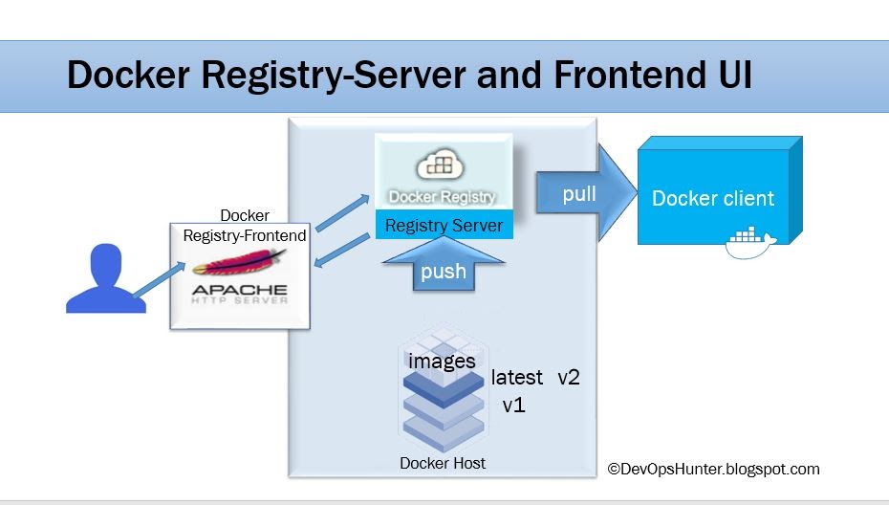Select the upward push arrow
(443, 265)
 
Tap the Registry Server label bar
(444, 227)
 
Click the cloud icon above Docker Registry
(441, 165)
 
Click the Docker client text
(712, 199)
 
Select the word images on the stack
(442, 362)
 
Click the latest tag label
(516, 378)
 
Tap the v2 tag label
(569, 378)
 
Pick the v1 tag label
(514, 406)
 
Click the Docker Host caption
(442, 464)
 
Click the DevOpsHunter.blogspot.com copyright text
(713, 469)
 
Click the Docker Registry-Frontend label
(245, 226)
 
